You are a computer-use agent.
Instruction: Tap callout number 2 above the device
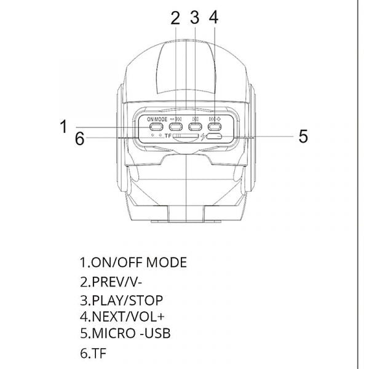pos(175,18)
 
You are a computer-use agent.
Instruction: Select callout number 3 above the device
pos(194,18)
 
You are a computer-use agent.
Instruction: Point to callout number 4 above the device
pos(213,18)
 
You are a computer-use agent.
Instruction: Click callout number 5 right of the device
pos(303,137)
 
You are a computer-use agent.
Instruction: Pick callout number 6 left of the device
pos(79,138)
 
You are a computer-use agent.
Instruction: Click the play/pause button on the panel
pos(196,127)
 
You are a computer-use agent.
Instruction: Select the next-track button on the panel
pos(215,127)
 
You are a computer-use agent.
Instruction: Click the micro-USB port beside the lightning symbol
pos(213,137)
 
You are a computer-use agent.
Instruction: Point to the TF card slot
pos(185,137)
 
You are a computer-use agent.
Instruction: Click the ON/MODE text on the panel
pos(157,118)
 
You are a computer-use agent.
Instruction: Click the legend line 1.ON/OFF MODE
pos(133,263)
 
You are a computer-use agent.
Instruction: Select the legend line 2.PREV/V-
pos(116,282)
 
